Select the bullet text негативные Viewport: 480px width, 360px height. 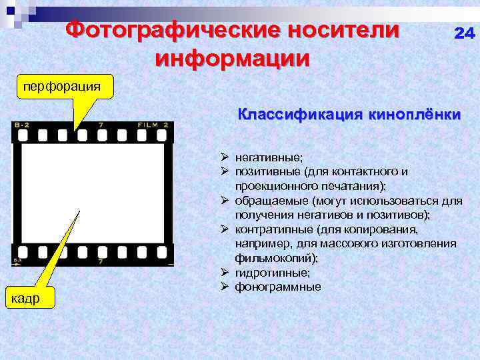coord(269,157)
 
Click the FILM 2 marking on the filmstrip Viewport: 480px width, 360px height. coord(153,125)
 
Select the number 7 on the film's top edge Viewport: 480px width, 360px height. coord(101,125)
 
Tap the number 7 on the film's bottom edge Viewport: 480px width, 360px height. coord(101,261)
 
